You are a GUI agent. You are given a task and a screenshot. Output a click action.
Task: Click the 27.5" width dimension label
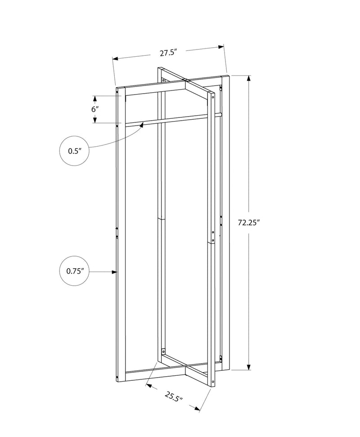tap(167, 52)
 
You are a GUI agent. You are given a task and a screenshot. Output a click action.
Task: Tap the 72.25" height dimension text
tap(250, 222)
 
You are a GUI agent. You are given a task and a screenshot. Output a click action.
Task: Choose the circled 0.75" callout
tap(74, 271)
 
